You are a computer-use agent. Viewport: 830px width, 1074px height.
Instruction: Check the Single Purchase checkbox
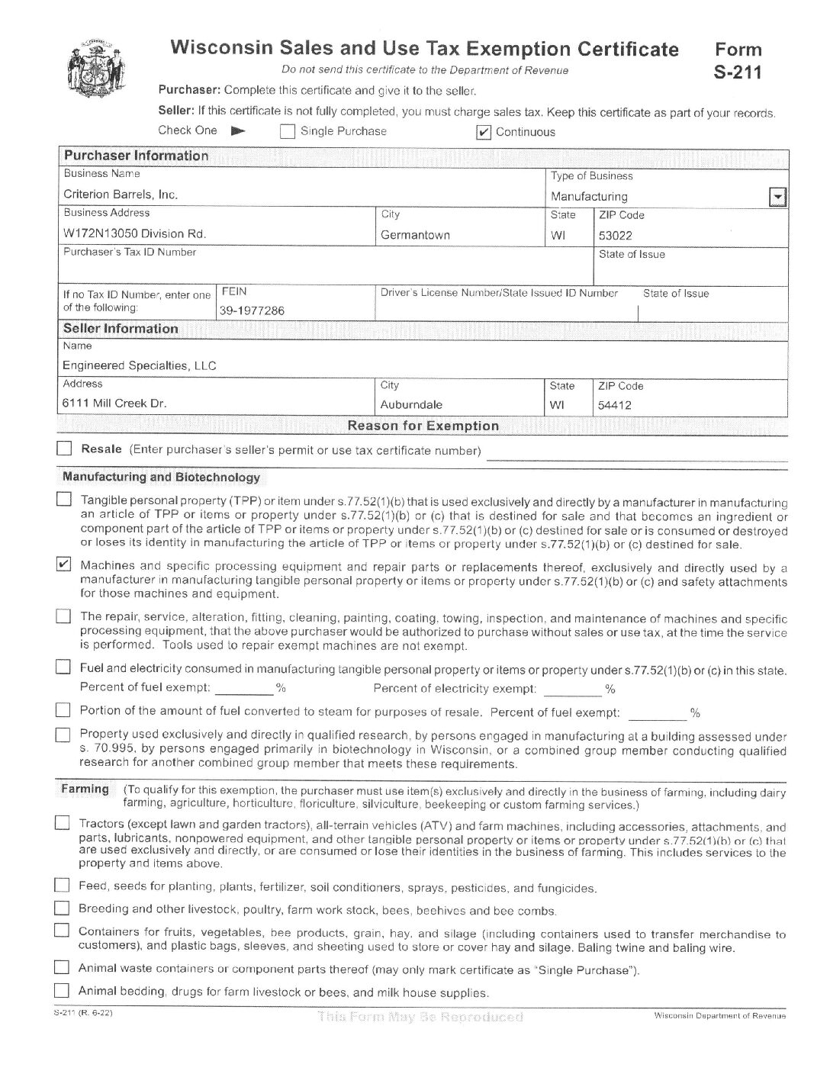point(288,132)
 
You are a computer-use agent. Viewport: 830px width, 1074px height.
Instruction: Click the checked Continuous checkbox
point(483,133)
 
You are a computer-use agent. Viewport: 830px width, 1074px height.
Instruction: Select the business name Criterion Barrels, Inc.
point(121,195)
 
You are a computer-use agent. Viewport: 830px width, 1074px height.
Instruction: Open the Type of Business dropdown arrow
point(777,198)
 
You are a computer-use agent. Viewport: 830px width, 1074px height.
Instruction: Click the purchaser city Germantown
point(415,235)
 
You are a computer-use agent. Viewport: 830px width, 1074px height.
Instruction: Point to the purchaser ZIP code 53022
point(615,236)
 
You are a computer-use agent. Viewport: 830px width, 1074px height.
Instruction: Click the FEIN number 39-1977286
point(252,310)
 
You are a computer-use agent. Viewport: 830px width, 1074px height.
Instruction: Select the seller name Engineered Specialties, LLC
point(140,365)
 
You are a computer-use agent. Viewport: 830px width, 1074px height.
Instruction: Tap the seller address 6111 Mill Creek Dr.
point(114,403)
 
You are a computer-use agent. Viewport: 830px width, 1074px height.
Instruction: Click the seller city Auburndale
point(411,405)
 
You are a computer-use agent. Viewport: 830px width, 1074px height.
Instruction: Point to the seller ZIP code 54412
point(614,406)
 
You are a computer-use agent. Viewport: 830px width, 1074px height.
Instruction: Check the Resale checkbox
point(65,449)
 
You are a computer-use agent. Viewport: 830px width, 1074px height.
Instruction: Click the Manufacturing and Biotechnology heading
point(161,478)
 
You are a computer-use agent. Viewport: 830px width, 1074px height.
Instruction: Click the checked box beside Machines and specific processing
point(65,565)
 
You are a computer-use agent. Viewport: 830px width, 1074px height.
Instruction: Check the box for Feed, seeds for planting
point(62,886)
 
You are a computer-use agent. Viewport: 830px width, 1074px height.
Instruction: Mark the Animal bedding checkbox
point(62,991)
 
